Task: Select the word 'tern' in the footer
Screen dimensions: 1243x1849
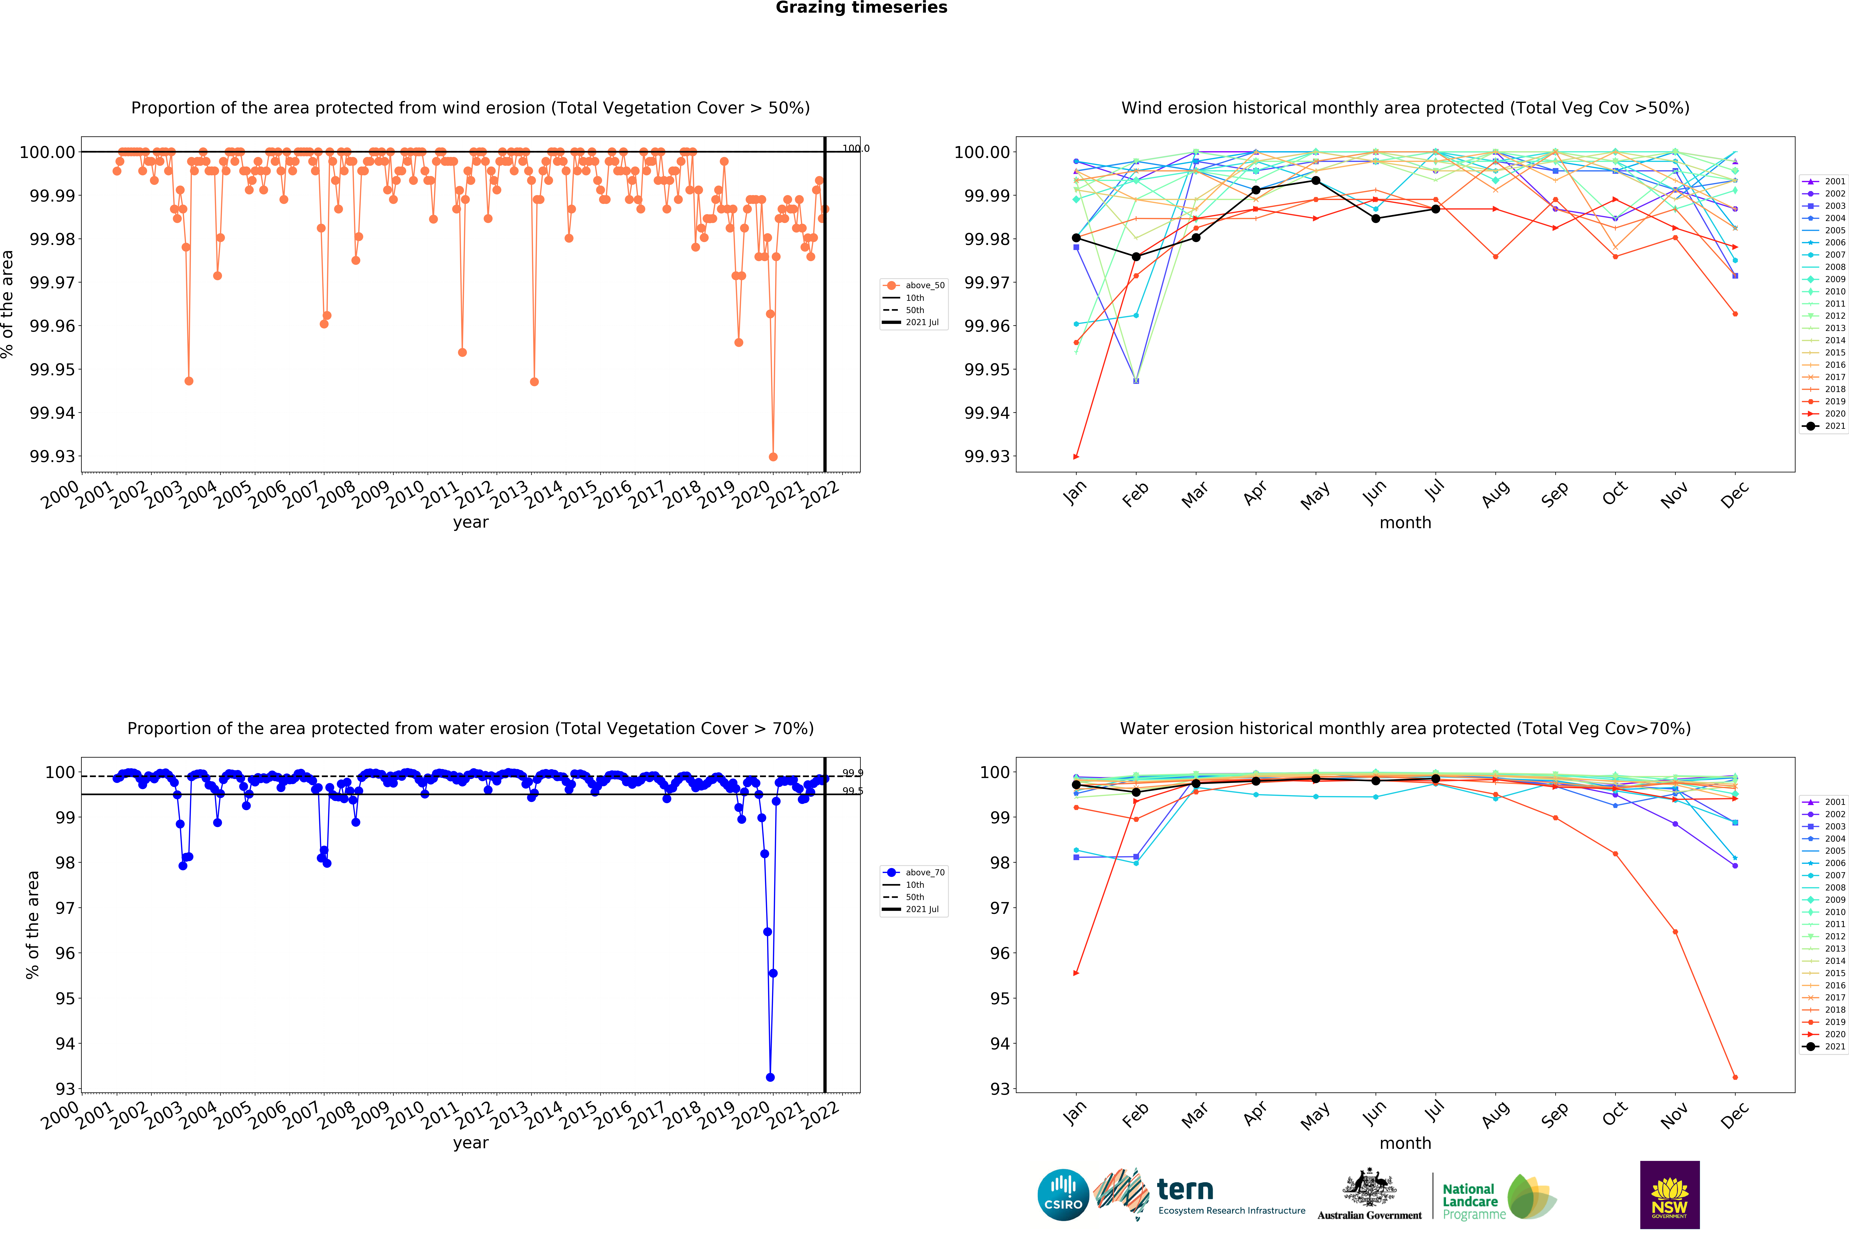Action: [x=1185, y=1190]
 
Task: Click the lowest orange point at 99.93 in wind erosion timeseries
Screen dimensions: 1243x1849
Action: [x=773, y=457]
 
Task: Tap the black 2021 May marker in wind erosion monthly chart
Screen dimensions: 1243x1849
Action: [x=1316, y=181]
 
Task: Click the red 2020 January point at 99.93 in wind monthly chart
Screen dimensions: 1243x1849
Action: [x=1075, y=457]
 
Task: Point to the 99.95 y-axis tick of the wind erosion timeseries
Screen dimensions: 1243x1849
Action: [x=52, y=369]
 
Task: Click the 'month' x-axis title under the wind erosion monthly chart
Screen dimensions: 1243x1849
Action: [x=1405, y=522]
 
